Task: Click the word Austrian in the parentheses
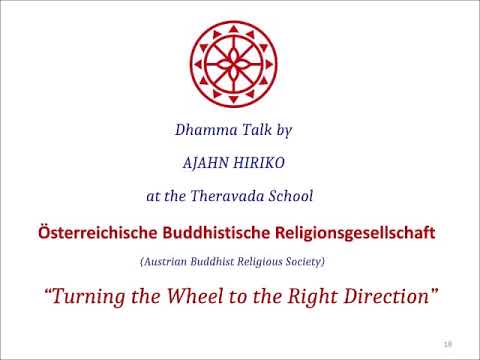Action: (x=166, y=261)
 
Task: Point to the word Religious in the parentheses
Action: (x=259, y=261)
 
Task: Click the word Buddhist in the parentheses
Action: (x=210, y=261)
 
